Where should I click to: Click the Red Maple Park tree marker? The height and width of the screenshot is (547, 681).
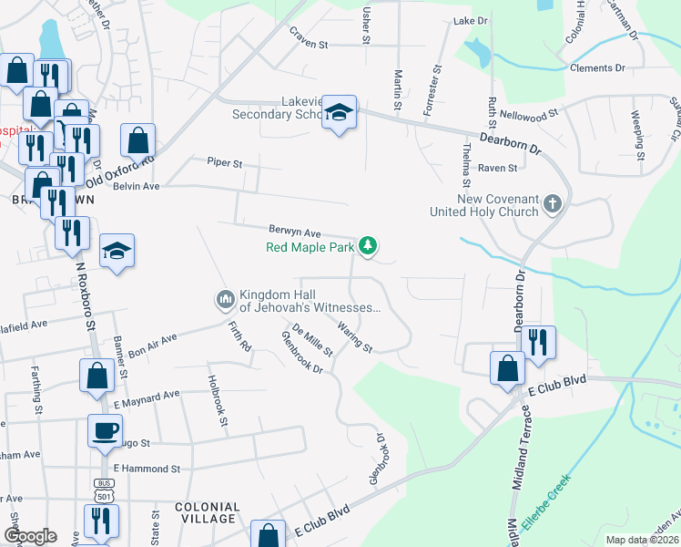click(368, 245)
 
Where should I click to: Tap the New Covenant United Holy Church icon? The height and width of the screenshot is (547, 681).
click(552, 204)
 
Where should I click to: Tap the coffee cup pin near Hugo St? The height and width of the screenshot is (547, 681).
click(104, 429)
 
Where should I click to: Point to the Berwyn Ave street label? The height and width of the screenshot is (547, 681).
click(295, 232)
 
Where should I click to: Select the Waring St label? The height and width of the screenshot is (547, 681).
click(354, 336)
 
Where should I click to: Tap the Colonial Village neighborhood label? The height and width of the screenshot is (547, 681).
click(207, 512)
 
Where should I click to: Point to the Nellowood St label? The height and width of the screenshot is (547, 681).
click(529, 116)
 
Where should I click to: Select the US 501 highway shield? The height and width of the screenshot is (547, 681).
click(102, 490)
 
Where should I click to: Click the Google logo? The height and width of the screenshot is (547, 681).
click(30, 535)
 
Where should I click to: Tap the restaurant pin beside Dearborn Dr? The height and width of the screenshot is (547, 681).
click(537, 342)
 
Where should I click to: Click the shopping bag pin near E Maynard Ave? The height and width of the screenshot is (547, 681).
click(97, 377)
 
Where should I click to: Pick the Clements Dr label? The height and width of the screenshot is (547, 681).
click(597, 68)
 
